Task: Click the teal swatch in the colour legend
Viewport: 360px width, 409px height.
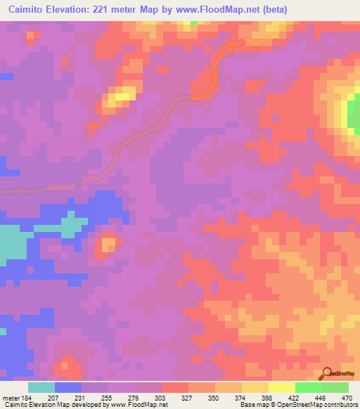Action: pos(41,388)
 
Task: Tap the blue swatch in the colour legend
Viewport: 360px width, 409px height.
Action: pos(67,388)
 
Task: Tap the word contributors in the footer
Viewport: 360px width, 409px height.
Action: pos(340,404)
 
